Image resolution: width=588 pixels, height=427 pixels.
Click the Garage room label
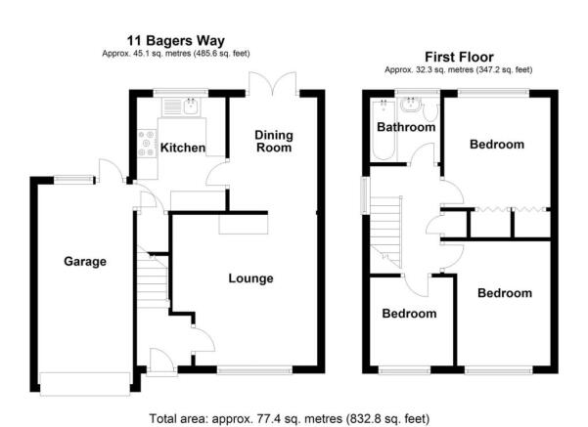(x=85, y=262)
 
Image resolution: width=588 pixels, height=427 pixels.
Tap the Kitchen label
(x=183, y=148)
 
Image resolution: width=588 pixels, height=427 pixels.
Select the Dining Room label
(x=274, y=142)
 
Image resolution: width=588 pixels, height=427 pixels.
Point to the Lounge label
(x=250, y=278)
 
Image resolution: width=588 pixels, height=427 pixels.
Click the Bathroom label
(x=406, y=127)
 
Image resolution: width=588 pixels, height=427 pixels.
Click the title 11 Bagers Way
(x=176, y=40)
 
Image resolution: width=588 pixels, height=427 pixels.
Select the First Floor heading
(x=459, y=57)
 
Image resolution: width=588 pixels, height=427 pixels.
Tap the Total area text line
(x=290, y=418)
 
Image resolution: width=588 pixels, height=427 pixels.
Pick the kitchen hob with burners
(x=147, y=143)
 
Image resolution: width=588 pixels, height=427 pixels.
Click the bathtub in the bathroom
(x=383, y=129)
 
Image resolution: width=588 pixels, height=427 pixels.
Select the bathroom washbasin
(x=411, y=105)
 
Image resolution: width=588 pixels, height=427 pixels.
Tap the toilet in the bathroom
(x=430, y=111)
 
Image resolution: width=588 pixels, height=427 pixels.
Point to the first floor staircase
(x=385, y=232)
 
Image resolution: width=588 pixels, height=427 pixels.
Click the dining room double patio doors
(x=273, y=82)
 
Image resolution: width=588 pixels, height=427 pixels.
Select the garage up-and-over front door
(x=85, y=384)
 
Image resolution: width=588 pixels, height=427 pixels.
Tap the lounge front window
(x=254, y=370)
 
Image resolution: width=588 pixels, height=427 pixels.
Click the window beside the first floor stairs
(x=365, y=195)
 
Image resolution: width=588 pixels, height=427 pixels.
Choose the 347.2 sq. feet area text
(x=504, y=69)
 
